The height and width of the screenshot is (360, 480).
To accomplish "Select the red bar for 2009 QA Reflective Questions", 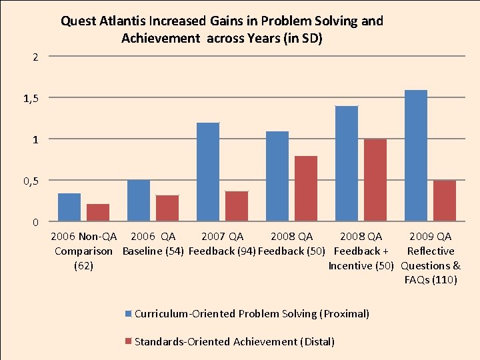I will tap(445, 201).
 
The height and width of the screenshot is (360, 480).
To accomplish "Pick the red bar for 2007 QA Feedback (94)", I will tap(237, 206).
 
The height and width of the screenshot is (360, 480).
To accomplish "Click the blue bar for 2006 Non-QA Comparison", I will tap(69, 207).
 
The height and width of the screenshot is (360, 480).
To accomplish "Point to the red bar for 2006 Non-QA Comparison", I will tap(98, 213).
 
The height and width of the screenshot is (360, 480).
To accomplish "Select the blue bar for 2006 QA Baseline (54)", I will tap(139, 201).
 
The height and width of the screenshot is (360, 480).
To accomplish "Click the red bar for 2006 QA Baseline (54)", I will tap(167, 208).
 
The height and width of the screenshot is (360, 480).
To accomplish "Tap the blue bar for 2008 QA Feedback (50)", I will tap(277, 176).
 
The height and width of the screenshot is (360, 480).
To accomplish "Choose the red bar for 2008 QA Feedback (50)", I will tap(306, 189).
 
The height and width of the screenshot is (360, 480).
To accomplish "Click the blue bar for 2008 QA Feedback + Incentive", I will tap(347, 163).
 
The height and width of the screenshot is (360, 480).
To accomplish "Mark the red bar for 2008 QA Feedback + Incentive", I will tap(375, 180).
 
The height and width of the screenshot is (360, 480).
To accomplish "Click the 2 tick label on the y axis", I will tap(37, 57).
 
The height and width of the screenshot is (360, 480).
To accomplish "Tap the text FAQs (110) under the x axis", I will tap(431, 280).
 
